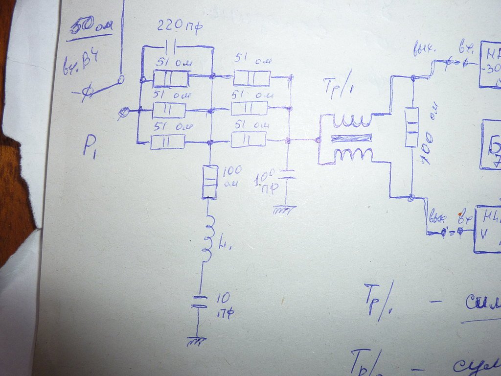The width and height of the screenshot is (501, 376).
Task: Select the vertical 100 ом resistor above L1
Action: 209,181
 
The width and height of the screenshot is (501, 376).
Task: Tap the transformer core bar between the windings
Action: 351,138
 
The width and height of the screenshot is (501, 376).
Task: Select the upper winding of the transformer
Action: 351,119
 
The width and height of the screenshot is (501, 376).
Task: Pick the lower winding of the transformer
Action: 351,156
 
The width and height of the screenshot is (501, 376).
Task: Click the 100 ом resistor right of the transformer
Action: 412,127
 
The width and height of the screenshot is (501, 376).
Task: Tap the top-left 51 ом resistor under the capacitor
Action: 171,78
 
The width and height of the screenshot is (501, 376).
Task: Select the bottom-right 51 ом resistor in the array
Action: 248,140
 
